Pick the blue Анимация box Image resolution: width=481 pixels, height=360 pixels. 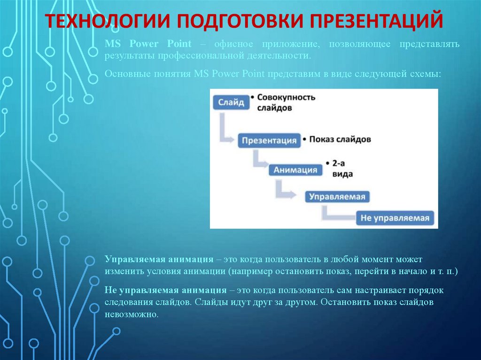click(295, 169)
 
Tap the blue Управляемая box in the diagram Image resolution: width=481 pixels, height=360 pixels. click(337, 197)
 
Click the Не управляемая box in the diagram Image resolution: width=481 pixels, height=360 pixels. click(395, 218)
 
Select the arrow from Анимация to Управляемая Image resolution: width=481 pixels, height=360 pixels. click(284, 189)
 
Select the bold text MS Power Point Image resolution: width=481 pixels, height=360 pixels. click(148, 44)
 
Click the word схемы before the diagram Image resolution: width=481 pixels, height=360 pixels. click(426, 74)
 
